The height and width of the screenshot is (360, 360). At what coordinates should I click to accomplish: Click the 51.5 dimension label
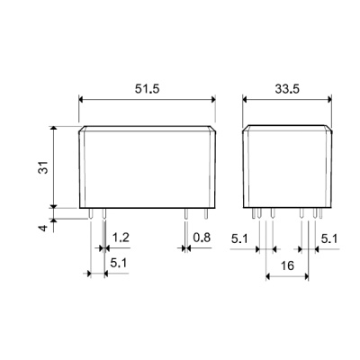click(x=147, y=89)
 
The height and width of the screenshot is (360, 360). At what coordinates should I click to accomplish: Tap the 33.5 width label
click(x=287, y=89)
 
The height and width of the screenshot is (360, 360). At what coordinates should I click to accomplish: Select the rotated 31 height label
click(x=44, y=167)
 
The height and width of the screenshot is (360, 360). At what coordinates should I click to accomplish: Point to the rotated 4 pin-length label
click(x=44, y=228)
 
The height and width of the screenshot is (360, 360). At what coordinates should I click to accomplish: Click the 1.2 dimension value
click(x=121, y=238)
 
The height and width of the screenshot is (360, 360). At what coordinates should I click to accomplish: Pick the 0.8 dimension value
click(x=202, y=238)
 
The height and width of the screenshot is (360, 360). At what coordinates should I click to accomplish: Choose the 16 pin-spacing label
click(x=287, y=265)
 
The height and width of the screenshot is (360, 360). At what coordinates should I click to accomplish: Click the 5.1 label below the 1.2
click(x=119, y=263)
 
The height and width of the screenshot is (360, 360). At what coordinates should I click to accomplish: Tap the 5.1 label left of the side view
click(x=239, y=238)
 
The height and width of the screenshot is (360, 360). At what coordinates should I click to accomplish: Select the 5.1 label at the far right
click(x=329, y=238)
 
